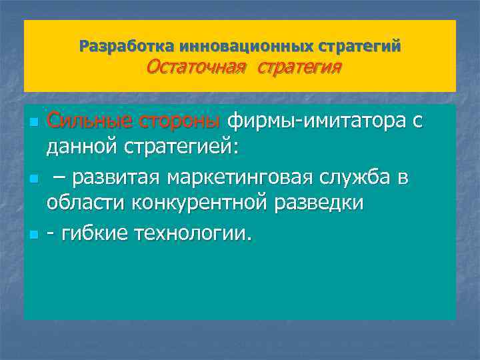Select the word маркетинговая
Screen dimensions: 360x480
point(253,178)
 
